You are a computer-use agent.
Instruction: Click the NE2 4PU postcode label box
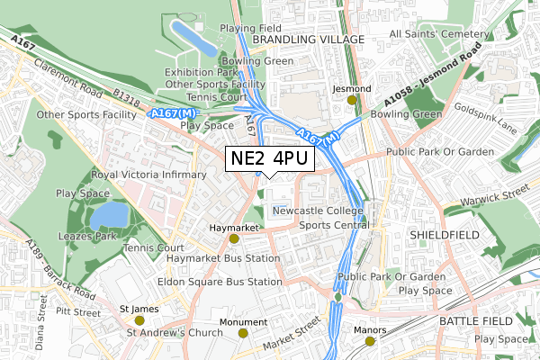click(269, 158)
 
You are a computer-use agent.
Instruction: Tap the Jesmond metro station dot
click(353, 100)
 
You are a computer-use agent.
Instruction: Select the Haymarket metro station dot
click(234, 238)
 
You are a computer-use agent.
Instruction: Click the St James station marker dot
click(139, 319)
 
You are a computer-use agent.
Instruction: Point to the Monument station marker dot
click(242, 333)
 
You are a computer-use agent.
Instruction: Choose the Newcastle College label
click(318, 211)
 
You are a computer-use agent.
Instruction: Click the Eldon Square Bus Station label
click(212, 282)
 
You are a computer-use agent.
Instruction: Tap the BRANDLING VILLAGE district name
click(309, 40)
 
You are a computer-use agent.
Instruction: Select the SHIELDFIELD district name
click(442, 233)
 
